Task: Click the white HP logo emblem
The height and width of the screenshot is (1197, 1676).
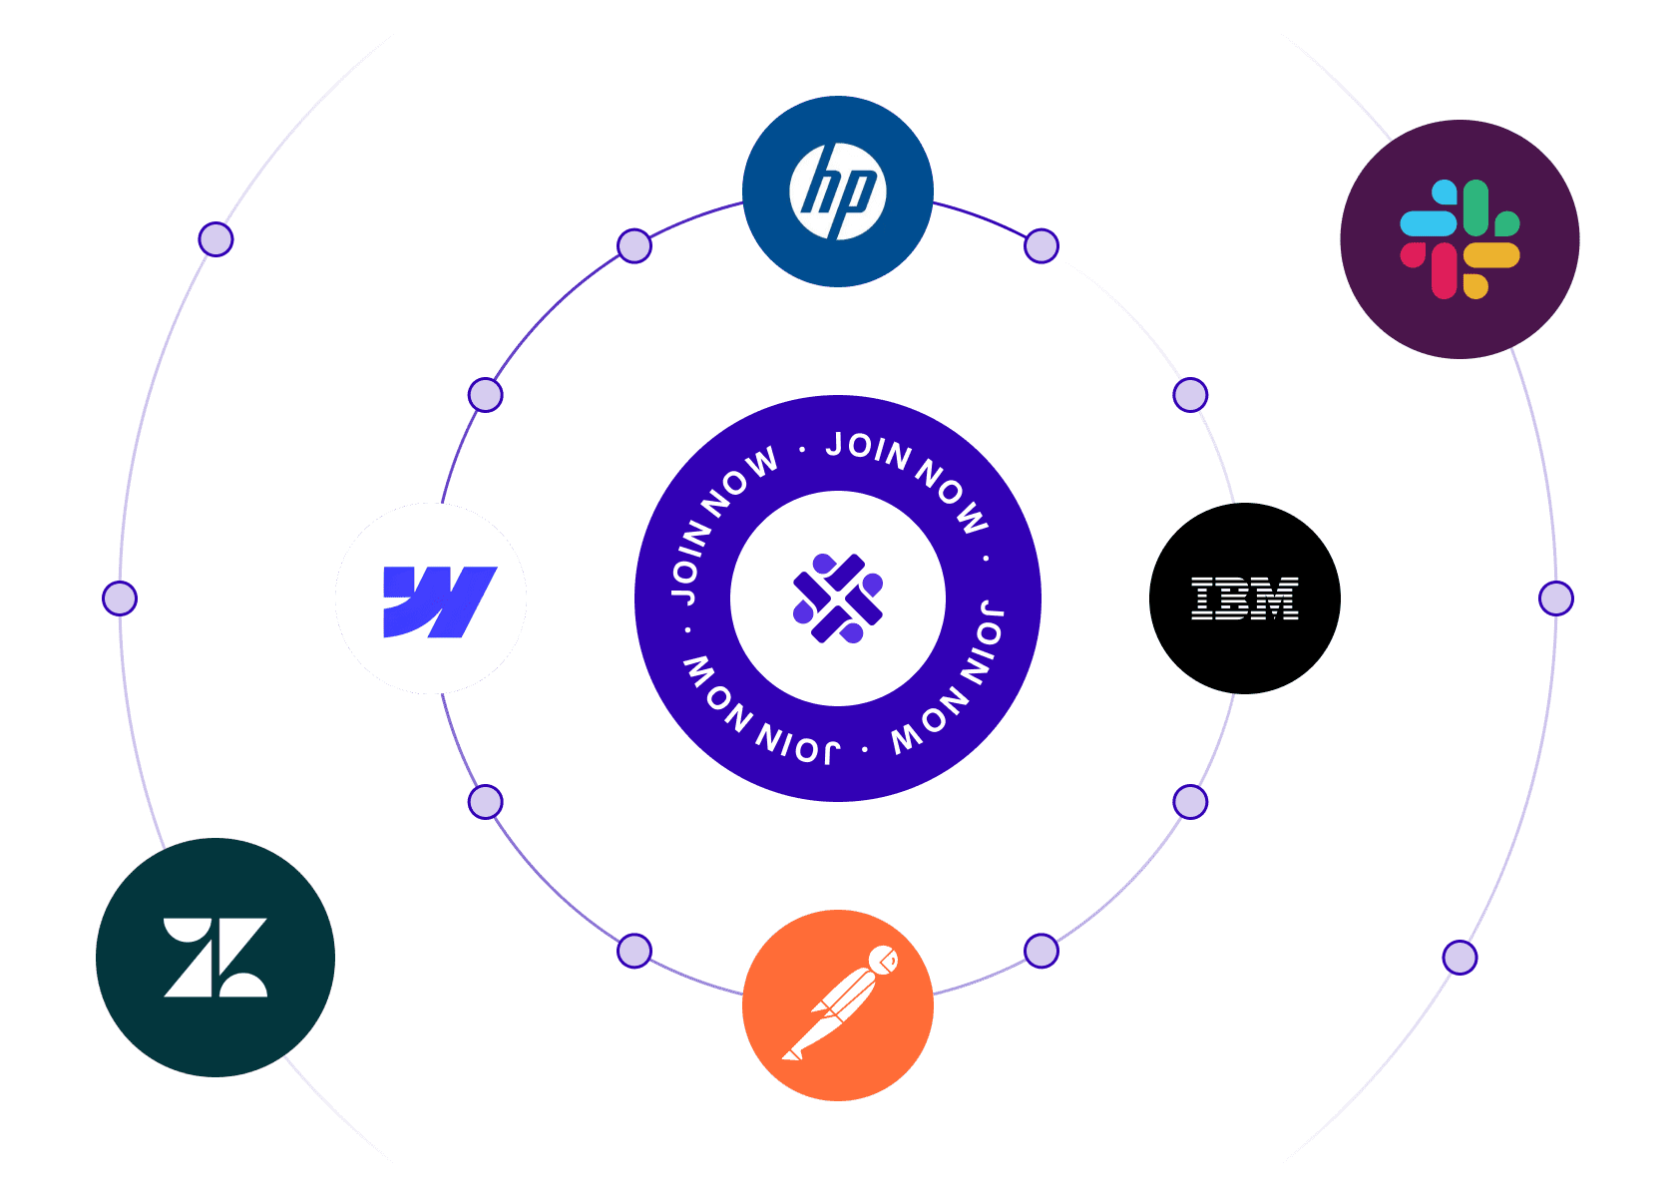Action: [838, 192]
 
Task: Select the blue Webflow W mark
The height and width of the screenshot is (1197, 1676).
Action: [439, 600]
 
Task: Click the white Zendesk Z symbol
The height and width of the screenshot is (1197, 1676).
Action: [215, 958]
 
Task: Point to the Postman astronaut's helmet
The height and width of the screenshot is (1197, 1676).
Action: [883, 961]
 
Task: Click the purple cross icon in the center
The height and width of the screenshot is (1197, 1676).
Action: [838, 598]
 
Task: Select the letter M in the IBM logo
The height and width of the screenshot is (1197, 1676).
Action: [1278, 598]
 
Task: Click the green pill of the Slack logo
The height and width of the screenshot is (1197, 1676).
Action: [1476, 207]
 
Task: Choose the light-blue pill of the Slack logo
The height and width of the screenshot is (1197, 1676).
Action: [1428, 222]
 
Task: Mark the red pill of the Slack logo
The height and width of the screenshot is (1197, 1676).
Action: [1444, 270]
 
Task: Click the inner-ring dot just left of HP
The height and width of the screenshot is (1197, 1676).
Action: [634, 245]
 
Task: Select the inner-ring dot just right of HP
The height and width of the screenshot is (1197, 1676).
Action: [1042, 245]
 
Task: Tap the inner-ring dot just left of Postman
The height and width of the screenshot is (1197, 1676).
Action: [634, 951]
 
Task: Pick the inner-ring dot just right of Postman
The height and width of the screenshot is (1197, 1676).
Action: [1042, 951]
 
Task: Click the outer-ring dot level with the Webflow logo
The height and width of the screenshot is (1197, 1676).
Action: [120, 598]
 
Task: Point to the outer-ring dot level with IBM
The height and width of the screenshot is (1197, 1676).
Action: [1556, 598]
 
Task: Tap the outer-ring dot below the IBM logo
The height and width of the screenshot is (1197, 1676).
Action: [1461, 958]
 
